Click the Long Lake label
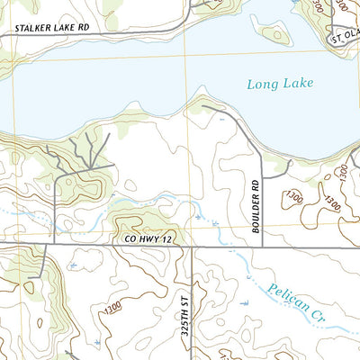pyautogui.click(x=278, y=85)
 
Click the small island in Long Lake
pyautogui.click(x=274, y=35)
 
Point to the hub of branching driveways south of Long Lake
pyautogui.click(x=91, y=167)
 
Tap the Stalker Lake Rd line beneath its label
pyautogui.click(x=54, y=34)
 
